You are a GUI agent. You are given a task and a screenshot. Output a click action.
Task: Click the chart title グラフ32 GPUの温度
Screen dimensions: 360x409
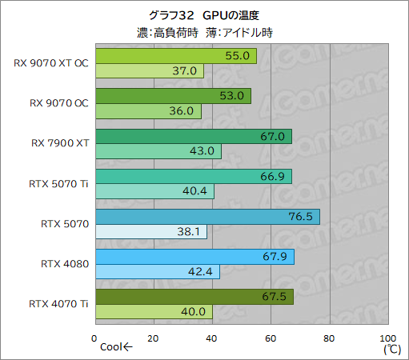204,15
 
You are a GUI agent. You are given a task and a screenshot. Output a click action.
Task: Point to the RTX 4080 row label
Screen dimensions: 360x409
63,263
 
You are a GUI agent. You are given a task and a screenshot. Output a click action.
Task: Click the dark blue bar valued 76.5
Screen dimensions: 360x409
207,217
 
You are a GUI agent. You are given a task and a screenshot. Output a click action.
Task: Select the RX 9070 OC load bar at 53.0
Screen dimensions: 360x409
172,97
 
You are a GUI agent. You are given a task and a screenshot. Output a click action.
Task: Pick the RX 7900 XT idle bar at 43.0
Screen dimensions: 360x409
158,151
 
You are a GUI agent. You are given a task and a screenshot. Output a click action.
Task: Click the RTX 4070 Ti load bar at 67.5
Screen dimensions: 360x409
194,297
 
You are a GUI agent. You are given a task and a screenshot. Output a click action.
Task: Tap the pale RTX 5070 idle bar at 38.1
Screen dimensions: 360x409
150,232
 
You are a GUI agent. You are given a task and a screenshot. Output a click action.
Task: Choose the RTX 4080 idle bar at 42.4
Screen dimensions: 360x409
157,271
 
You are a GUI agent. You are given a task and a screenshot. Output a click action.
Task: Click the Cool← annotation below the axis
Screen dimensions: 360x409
118,348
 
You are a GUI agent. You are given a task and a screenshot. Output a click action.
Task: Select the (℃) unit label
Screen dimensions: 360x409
391,349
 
